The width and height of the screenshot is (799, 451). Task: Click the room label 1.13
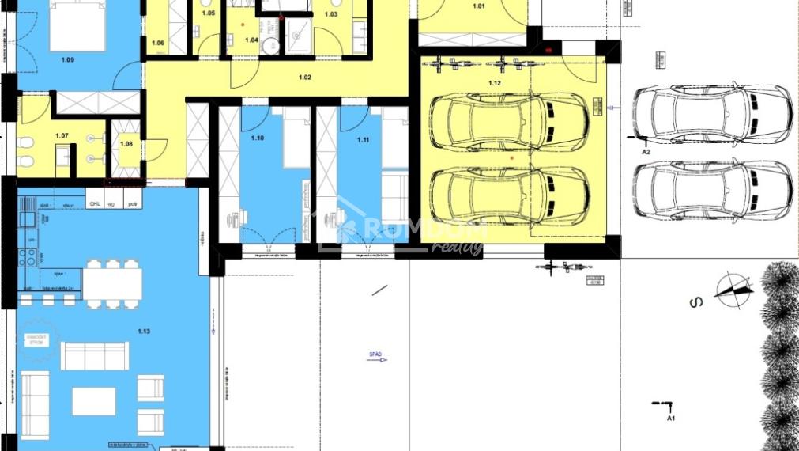(x=144, y=332)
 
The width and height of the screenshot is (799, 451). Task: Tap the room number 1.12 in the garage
(x=495, y=82)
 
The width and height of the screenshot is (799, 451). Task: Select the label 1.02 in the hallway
(x=305, y=77)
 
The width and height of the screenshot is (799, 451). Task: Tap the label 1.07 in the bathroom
(x=62, y=135)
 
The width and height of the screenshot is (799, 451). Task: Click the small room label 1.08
(x=126, y=143)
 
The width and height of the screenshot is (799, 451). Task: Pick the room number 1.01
(x=479, y=6)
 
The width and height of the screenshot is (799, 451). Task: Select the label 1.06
(x=158, y=43)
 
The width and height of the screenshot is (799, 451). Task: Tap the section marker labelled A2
(x=646, y=150)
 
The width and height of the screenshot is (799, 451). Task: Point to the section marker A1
(x=671, y=417)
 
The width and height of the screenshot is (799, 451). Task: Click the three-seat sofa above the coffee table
(x=94, y=355)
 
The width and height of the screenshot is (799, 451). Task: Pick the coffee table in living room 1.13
(x=94, y=400)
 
